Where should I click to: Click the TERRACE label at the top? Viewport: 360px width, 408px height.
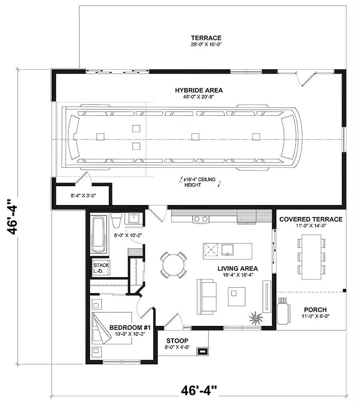coord(206,38)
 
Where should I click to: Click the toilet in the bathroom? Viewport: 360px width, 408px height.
coord(117,221)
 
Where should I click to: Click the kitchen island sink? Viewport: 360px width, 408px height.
coord(228,249)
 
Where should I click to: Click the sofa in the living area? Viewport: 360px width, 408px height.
coord(206,296)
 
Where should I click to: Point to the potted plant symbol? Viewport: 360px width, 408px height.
coord(256,318)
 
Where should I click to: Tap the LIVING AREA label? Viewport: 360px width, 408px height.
coord(238,269)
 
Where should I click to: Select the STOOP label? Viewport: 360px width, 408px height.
coord(178,341)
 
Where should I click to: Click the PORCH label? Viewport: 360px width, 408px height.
coord(315,310)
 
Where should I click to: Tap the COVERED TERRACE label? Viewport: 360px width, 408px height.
coord(311,219)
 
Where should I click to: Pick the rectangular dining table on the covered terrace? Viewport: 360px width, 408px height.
coord(311,257)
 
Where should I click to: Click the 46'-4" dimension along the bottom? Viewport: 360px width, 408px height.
coord(199,390)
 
